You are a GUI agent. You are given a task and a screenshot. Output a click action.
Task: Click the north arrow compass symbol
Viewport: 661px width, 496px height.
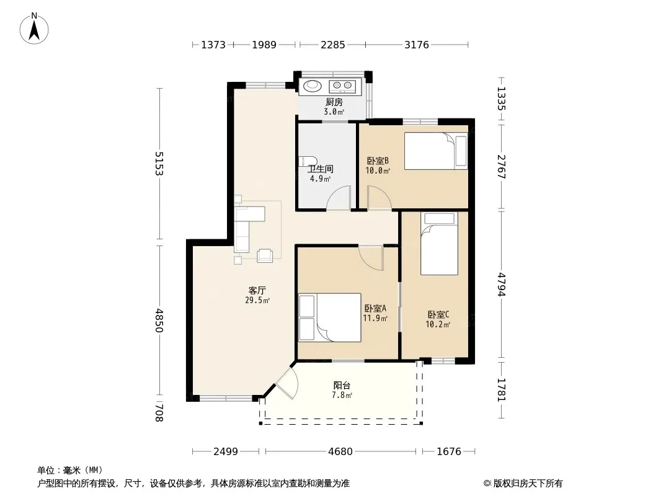pyautogui.click(x=34, y=29)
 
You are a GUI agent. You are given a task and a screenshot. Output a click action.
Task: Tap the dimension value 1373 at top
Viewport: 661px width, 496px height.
pyautogui.click(x=213, y=45)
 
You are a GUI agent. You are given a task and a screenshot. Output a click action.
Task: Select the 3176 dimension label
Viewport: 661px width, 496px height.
pyautogui.click(x=417, y=45)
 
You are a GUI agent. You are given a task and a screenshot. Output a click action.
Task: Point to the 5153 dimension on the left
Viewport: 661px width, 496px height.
pyautogui.click(x=159, y=163)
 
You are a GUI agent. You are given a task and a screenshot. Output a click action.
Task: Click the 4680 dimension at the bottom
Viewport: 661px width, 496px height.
pyautogui.click(x=340, y=451)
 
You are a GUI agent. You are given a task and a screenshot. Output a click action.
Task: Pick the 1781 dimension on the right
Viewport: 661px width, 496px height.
pyautogui.click(x=501, y=389)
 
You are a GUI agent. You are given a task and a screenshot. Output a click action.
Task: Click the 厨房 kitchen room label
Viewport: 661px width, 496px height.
pyautogui.click(x=334, y=102)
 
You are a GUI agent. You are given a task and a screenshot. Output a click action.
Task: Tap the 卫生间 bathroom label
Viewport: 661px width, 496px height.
pyautogui.click(x=321, y=169)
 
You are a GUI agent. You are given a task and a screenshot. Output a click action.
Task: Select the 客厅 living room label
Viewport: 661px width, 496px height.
pyautogui.click(x=257, y=290)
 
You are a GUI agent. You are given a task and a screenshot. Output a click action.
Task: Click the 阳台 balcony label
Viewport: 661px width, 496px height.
pyautogui.click(x=342, y=385)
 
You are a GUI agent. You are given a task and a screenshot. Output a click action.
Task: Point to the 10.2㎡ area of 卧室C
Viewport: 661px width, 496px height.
pyautogui.click(x=438, y=324)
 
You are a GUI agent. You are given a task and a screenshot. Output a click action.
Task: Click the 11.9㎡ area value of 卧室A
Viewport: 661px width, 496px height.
pyautogui.click(x=375, y=318)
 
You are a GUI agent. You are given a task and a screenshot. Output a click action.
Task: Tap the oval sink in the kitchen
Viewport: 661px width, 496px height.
pyautogui.click(x=313, y=86)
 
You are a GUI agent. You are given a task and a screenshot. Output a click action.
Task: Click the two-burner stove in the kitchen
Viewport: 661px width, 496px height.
pyautogui.click(x=342, y=86)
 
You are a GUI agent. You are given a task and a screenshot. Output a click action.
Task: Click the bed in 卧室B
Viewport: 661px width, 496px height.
pyautogui.click(x=436, y=151)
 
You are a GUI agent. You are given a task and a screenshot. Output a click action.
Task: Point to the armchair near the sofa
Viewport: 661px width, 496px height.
pyautogui.click(x=265, y=255)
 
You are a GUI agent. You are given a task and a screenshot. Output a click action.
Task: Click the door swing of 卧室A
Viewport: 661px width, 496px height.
pyautogui.click(x=371, y=257)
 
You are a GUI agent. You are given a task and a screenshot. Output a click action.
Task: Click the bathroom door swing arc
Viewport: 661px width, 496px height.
pyautogui.click(x=339, y=197)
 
